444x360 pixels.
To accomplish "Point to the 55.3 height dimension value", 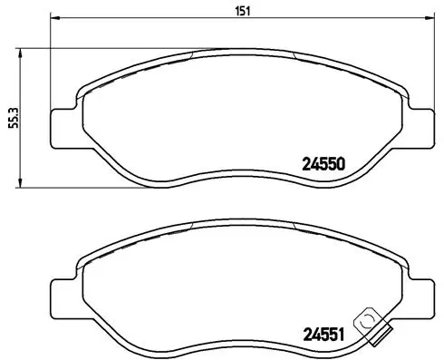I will point(13,118).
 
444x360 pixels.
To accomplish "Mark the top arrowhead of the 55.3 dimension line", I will point(24,53).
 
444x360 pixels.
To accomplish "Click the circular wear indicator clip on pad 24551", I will point(368,321).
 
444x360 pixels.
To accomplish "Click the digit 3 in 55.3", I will point(13,106).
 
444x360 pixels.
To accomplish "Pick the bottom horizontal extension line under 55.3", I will point(72,188).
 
